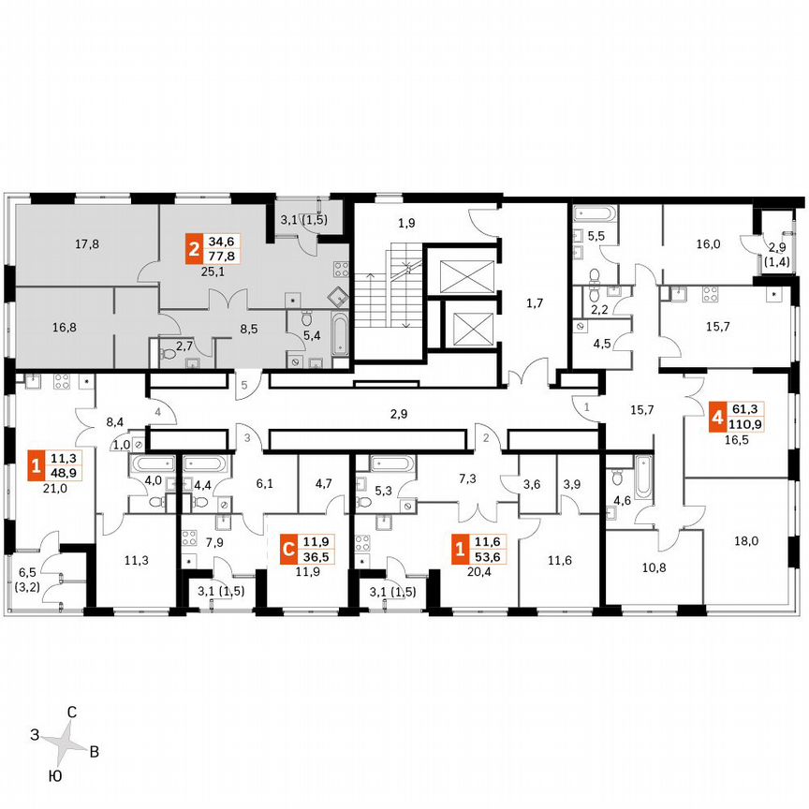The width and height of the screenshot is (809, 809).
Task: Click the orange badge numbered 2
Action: click(x=193, y=250)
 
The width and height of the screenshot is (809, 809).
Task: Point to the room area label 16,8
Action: click(x=65, y=328)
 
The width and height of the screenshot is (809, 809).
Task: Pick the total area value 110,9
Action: click(x=750, y=423)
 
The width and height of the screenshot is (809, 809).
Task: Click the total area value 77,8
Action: click(x=223, y=257)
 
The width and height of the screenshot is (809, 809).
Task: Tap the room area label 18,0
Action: click(x=744, y=540)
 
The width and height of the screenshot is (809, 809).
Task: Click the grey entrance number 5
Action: click(x=242, y=385)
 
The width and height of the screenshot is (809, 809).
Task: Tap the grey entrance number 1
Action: click(x=586, y=407)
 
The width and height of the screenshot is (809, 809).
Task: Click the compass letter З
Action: click(x=34, y=735)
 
